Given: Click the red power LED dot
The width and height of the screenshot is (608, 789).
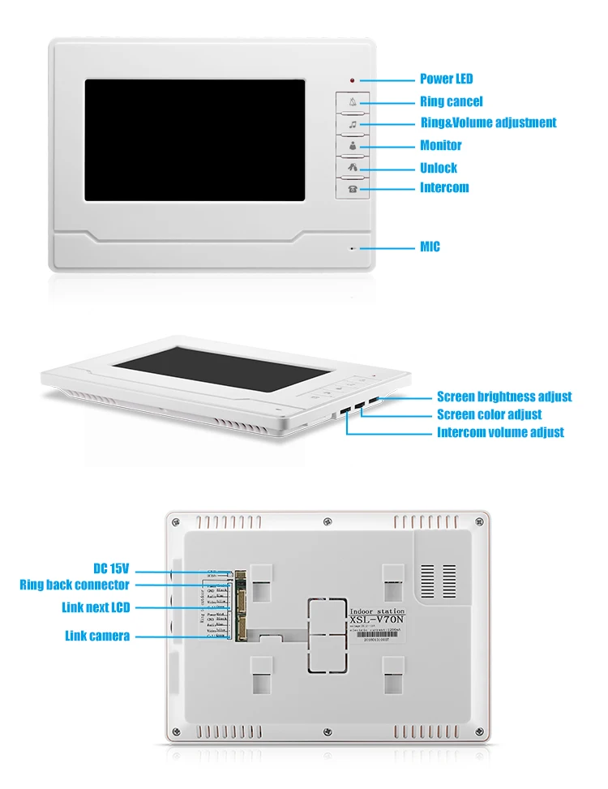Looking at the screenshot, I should pos(352,80).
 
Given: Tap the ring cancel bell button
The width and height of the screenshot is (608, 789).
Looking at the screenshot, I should pos(353,102).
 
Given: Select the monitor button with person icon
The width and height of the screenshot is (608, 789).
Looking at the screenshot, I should pos(353,146).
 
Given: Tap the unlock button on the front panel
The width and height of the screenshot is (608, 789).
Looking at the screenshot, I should pos(353,168).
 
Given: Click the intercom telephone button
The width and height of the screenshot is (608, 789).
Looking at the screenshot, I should pos(353,188).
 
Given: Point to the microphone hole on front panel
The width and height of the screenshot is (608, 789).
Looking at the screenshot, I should pos(352,248).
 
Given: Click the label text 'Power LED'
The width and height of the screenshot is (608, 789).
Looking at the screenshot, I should pos(446,79).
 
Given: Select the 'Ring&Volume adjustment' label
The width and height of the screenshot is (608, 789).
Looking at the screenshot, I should pos(487,122).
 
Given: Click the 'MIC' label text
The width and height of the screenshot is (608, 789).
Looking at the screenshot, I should pos(430,247).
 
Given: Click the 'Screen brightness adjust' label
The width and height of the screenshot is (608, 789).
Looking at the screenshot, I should pos(503,397).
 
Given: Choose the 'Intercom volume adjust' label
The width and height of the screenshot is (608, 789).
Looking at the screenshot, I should pos(500,432).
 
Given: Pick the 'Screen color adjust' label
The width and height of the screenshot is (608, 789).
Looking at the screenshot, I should pos(489,414).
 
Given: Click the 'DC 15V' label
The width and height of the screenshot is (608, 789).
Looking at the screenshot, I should pos(110,568).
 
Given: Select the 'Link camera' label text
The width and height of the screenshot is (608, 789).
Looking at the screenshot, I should pos(96,636).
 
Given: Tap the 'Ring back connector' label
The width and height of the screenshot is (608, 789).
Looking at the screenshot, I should pos(74,585).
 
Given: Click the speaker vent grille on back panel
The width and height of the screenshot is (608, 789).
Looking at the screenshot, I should pos(438,577).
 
